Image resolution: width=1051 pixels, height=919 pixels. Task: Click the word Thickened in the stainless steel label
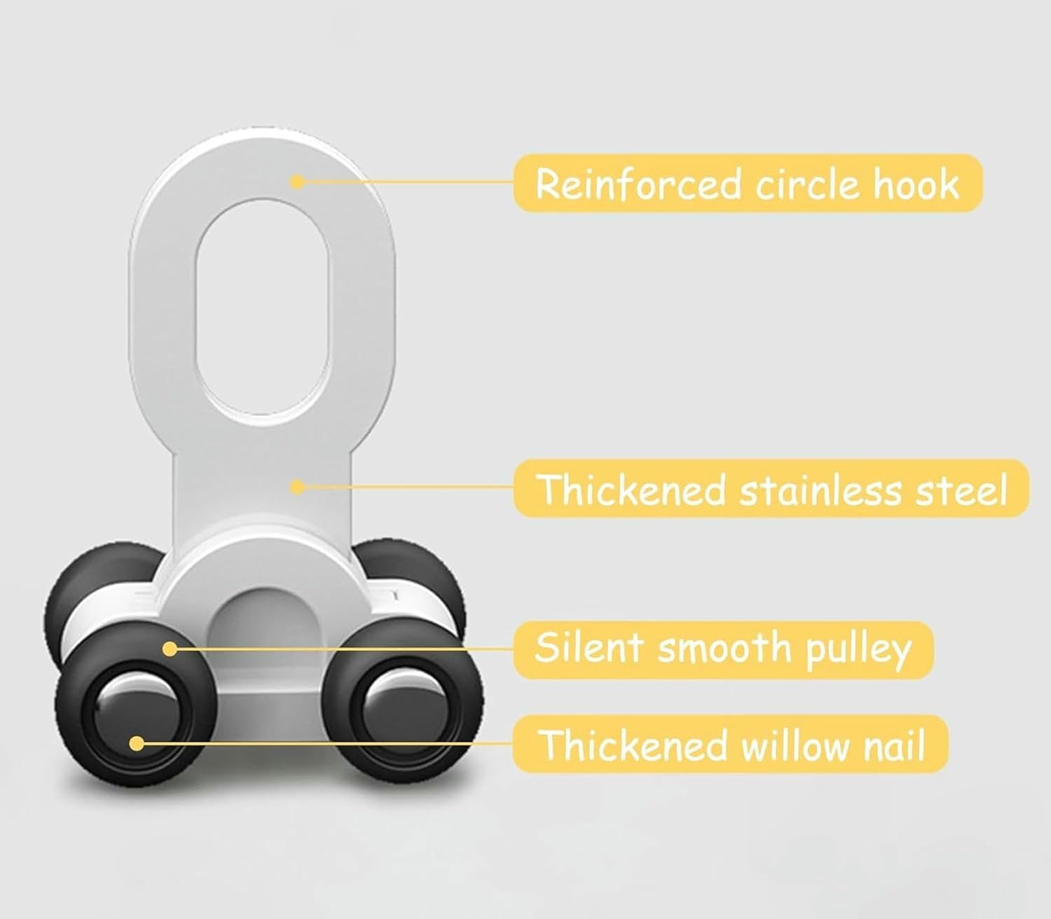click(x=632, y=490)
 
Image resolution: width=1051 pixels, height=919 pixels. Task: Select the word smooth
click(x=724, y=648)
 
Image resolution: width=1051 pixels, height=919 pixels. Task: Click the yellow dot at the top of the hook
click(x=297, y=182)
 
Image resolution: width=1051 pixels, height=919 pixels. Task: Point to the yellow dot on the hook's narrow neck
click(x=297, y=486)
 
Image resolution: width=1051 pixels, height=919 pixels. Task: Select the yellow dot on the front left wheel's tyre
click(x=170, y=649)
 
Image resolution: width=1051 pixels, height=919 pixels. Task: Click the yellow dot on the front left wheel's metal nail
click(x=137, y=743)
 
